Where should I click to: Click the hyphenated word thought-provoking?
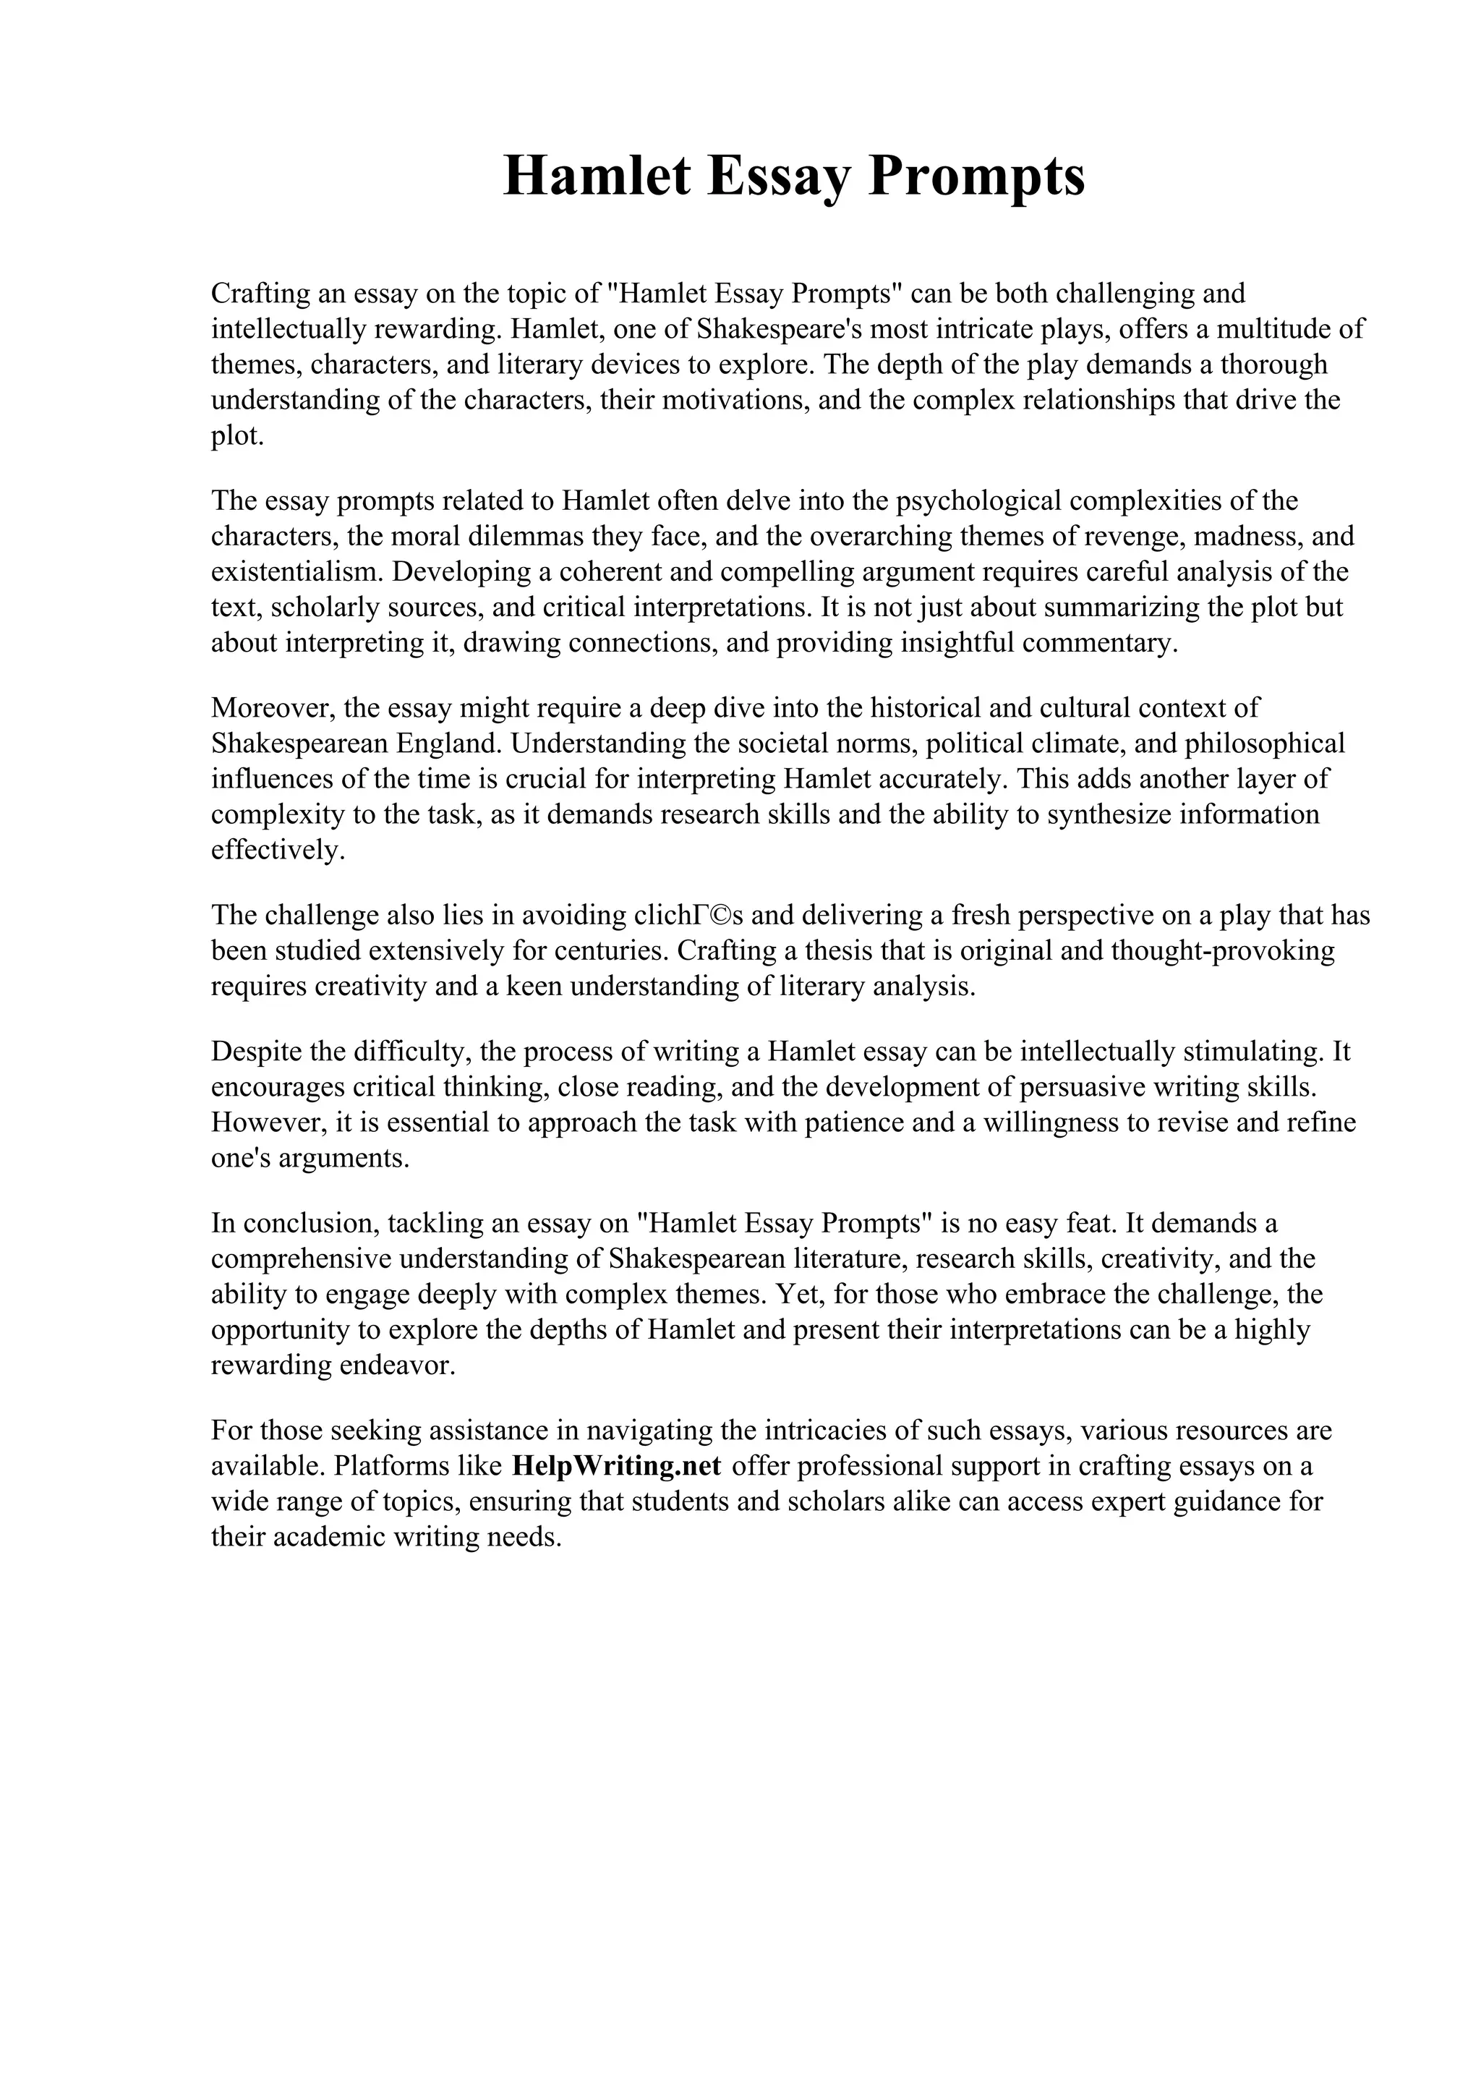coord(1223,950)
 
